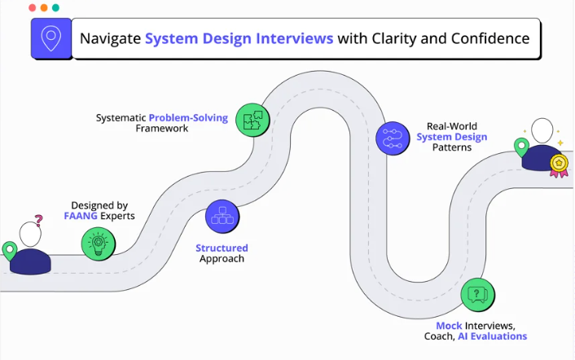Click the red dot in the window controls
(x=32, y=7)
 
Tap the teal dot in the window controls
(x=55, y=7)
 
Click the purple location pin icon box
(x=51, y=38)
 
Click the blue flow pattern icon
(x=393, y=137)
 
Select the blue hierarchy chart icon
(x=222, y=216)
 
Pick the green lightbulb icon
(x=99, y=242)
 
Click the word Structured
(x=222, y=248)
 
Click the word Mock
(x=449, y=326)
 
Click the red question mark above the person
(x=38, y=219)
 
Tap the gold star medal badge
(x=559, y=164)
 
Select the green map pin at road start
(x=10, y=251)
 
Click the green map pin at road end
(x=520, y=147)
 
